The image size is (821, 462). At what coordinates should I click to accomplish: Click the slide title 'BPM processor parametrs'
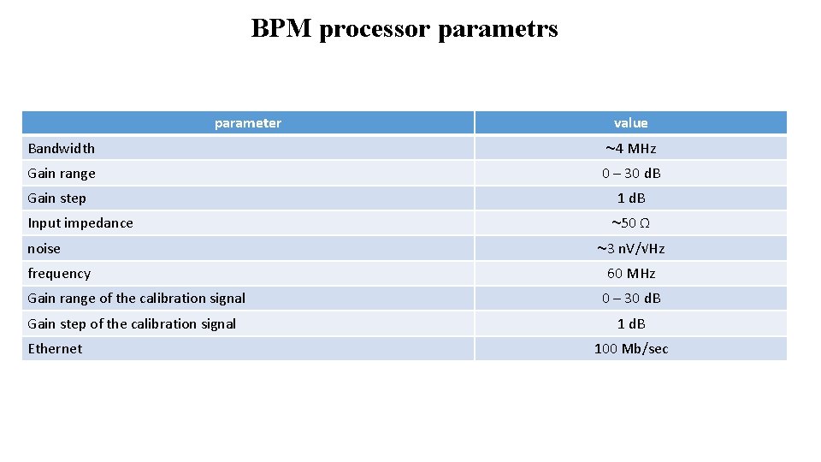[405, 29]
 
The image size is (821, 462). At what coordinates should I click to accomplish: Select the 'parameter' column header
[247, 123]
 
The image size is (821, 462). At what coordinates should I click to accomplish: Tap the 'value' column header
[630, 123]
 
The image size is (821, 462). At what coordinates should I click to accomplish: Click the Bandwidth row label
[62, 149]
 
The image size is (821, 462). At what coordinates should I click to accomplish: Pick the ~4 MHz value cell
[630, 149]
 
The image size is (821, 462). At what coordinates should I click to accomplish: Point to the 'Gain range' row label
[62, 174]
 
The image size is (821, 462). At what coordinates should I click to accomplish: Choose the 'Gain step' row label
[56, 198]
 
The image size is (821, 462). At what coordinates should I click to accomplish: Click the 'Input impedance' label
[80, 223]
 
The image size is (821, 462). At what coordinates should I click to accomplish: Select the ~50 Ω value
[630, 223]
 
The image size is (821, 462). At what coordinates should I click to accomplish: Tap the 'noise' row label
[44, 249]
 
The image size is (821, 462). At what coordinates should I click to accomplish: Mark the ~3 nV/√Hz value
[630, 249]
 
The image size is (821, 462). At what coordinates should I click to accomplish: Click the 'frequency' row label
[59, 274]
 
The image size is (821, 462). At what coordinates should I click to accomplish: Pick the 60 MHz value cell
[630, 274]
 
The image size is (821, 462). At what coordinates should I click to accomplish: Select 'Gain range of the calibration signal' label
[137, 299]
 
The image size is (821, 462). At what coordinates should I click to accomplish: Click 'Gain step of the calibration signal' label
[132, 323]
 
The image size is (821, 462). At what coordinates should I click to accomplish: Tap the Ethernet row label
[56, 349]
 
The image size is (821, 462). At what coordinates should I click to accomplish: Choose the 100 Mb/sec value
[630, 349]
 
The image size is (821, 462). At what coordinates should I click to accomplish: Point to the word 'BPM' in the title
[282, 29]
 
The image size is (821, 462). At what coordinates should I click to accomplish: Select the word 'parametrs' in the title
[498, 30]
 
